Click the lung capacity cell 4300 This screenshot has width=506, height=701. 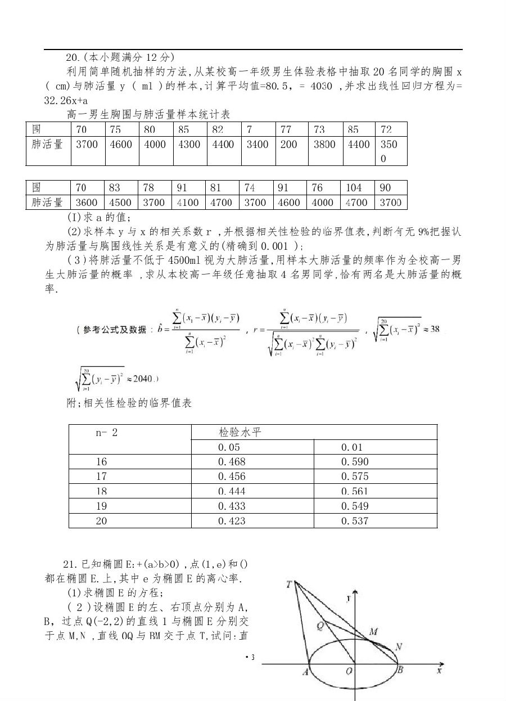189,145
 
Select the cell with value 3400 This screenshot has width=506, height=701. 257,145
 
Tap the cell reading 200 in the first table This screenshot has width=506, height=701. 288,145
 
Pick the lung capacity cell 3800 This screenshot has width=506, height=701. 324,145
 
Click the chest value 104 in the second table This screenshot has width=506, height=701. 354,188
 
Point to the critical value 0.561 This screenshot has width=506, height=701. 355,491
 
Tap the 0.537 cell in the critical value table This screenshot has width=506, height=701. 355,521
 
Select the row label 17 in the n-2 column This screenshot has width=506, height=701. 101,477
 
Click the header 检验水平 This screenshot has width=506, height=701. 240,433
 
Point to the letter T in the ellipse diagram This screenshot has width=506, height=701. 288,584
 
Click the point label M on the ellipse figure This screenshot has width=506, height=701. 373,632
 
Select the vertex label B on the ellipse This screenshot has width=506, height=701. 401,670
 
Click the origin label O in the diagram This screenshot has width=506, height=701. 349,671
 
